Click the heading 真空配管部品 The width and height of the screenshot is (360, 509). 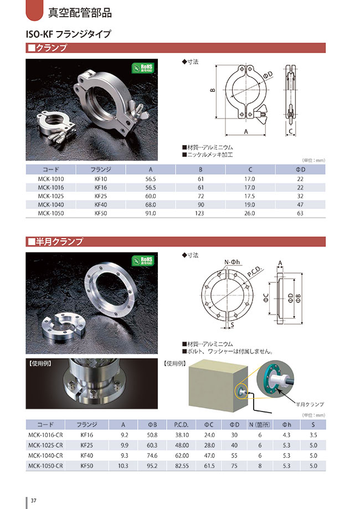80,13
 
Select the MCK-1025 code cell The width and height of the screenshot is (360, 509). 51,196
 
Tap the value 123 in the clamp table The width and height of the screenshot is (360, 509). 200,213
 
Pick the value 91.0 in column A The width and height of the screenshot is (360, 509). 150,213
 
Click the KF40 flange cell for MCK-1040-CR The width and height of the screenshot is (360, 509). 86,455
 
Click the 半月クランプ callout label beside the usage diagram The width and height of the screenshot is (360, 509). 308,404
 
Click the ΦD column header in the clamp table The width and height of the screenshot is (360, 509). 300,169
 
